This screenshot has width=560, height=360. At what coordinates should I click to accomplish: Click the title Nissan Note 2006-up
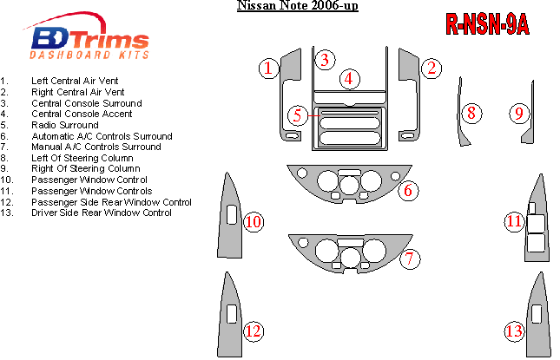coord(286,7)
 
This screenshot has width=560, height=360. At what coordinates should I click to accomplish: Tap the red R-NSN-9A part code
coord(487,26)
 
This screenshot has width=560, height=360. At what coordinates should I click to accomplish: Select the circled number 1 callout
coord(269,67)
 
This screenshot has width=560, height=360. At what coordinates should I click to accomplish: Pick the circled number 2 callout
coord(430,67)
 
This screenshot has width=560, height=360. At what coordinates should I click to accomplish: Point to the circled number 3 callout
coord(324,59)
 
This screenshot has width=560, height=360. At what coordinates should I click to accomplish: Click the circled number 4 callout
coord(349,79)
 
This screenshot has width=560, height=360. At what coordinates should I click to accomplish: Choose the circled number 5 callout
coord(298,115)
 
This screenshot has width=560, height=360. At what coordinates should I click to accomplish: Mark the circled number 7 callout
coord(411,258)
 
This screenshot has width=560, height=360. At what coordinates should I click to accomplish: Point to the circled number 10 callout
coord(253,223)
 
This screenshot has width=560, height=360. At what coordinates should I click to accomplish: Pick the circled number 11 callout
coord(514,222)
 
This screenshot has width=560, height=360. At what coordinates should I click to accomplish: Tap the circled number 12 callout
coord(253,331)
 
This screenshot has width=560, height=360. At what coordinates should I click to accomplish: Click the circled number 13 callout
coord(514,331)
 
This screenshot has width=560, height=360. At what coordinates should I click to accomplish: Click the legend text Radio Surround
coord(65,125)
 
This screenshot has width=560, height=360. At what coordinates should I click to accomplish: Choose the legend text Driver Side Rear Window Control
coord(102,213)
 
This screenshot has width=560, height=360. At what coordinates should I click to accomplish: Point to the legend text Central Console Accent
coord(82,114)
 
